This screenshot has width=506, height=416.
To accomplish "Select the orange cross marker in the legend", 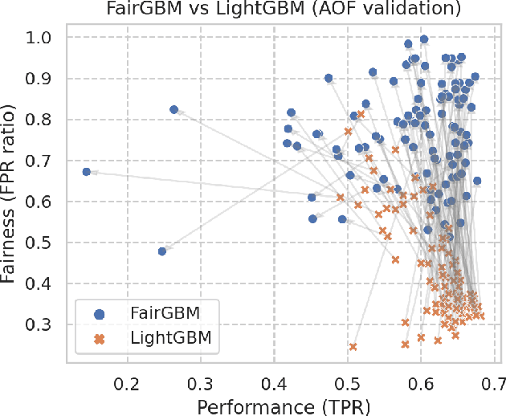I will [100, 339].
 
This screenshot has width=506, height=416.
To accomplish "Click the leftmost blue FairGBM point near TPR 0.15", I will [87, 172].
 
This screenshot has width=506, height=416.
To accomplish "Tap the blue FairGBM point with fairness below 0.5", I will [162, 251].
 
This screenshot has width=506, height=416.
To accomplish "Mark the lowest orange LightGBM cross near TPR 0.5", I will [353, 347].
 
